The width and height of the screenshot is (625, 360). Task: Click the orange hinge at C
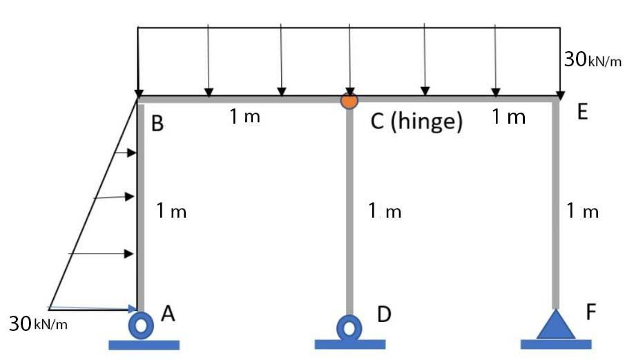point(349,100)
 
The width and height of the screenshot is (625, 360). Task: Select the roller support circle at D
point(349,326)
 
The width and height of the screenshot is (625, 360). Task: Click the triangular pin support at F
point(556,324)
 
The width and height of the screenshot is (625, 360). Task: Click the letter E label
point(581,113)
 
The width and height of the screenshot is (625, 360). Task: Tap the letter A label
point(167,314)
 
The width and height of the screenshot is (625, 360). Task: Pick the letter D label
point(384,315)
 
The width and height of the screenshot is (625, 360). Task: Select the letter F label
point(590,313)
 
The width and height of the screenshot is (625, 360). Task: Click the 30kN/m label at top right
point(593,60)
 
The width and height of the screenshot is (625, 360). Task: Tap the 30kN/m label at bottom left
point(38,323)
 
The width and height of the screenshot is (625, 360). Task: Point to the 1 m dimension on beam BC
point(245,117)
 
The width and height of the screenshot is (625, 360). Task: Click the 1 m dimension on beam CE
point(508,117)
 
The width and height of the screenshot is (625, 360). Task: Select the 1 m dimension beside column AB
point(171,211)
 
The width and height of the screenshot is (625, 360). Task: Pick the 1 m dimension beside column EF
point(582,211)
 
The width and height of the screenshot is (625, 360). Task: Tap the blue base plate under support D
point(349,344)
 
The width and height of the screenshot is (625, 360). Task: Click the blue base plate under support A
point(144,344)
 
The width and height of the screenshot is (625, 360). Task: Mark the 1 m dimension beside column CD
point(385,211)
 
